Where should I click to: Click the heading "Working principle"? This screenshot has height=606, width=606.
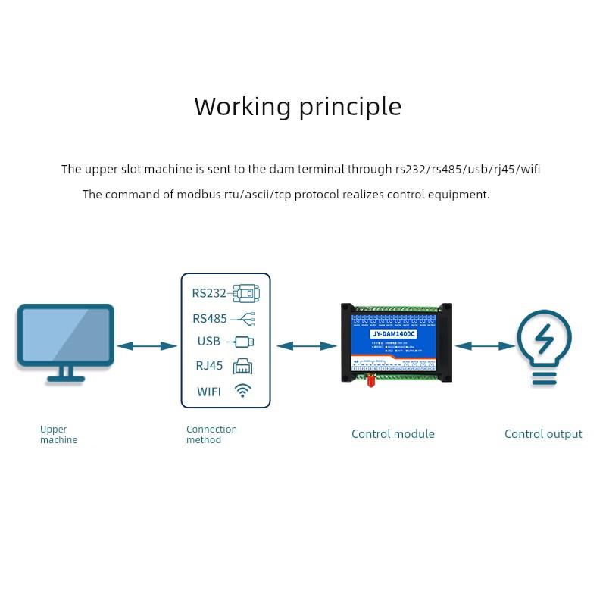(x=298, y=107)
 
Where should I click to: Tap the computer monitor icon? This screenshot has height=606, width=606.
(x=66, y=341)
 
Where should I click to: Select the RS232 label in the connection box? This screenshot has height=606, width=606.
(x=209, y=293)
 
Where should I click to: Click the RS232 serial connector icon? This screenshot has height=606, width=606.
(x=246, y=293)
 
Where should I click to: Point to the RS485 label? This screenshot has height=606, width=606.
(x=210, y=318)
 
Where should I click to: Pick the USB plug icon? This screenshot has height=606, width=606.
(x=244, y=342)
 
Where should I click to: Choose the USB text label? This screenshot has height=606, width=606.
(x=209, y=342)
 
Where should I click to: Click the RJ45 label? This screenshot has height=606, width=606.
(x=210, y=366)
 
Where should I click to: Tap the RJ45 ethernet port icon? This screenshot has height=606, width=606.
(x=243, y=366)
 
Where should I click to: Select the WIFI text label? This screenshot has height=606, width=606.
(x=209, y=392)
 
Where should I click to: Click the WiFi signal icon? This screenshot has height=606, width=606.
(x=243, y=391)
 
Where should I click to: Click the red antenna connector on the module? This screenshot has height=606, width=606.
(x=371, y=380)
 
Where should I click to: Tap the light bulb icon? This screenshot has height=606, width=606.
(x=544, y=347)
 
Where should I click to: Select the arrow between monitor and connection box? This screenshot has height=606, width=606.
(x=147, y=346)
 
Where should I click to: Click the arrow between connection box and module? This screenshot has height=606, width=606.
(x=306, y=346)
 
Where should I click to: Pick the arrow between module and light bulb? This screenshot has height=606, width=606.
(x=485, y=346)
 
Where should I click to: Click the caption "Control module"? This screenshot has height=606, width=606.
(x=393, y=434)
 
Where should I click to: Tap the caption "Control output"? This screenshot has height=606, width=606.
(x=543, y=434)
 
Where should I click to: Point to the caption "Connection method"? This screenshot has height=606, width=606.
(x=211, y=434)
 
